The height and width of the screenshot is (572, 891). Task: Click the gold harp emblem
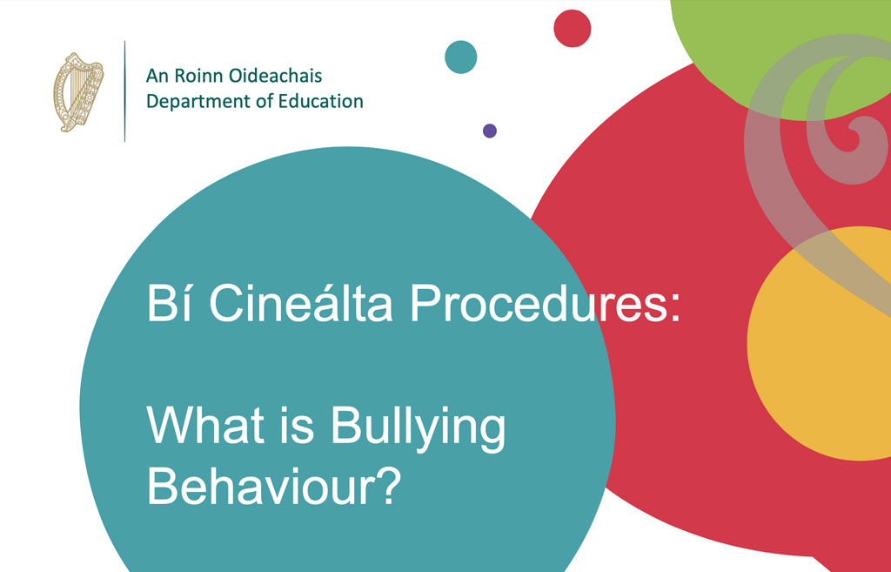78,92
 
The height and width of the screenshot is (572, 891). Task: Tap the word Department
198,102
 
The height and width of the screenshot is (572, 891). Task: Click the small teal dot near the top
461,57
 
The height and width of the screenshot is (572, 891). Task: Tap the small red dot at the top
573,29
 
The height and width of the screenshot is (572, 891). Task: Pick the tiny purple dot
490,131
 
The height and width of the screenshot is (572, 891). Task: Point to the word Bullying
418,429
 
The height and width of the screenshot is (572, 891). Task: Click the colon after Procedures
674,309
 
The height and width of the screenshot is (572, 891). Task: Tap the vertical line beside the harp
125,91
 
